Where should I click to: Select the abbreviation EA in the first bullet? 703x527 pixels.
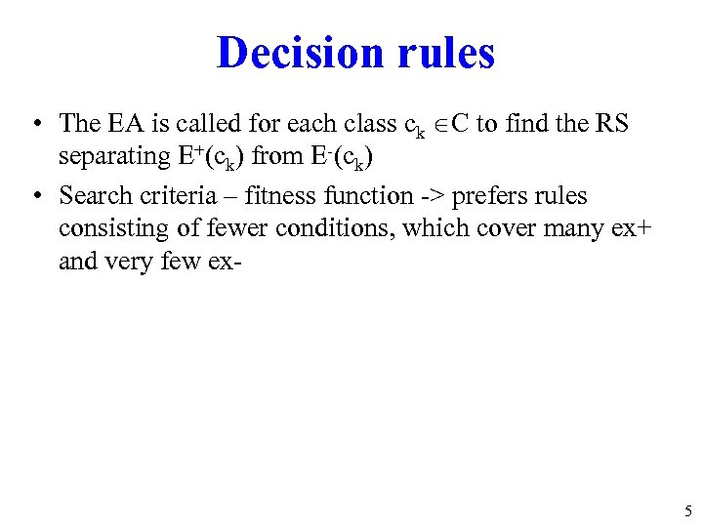tap(121, 124)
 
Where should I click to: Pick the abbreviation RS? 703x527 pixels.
tap(611, 124)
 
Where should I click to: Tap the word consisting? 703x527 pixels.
tap(108, 229)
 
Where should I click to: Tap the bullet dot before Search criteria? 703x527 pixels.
tap(34, 196)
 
